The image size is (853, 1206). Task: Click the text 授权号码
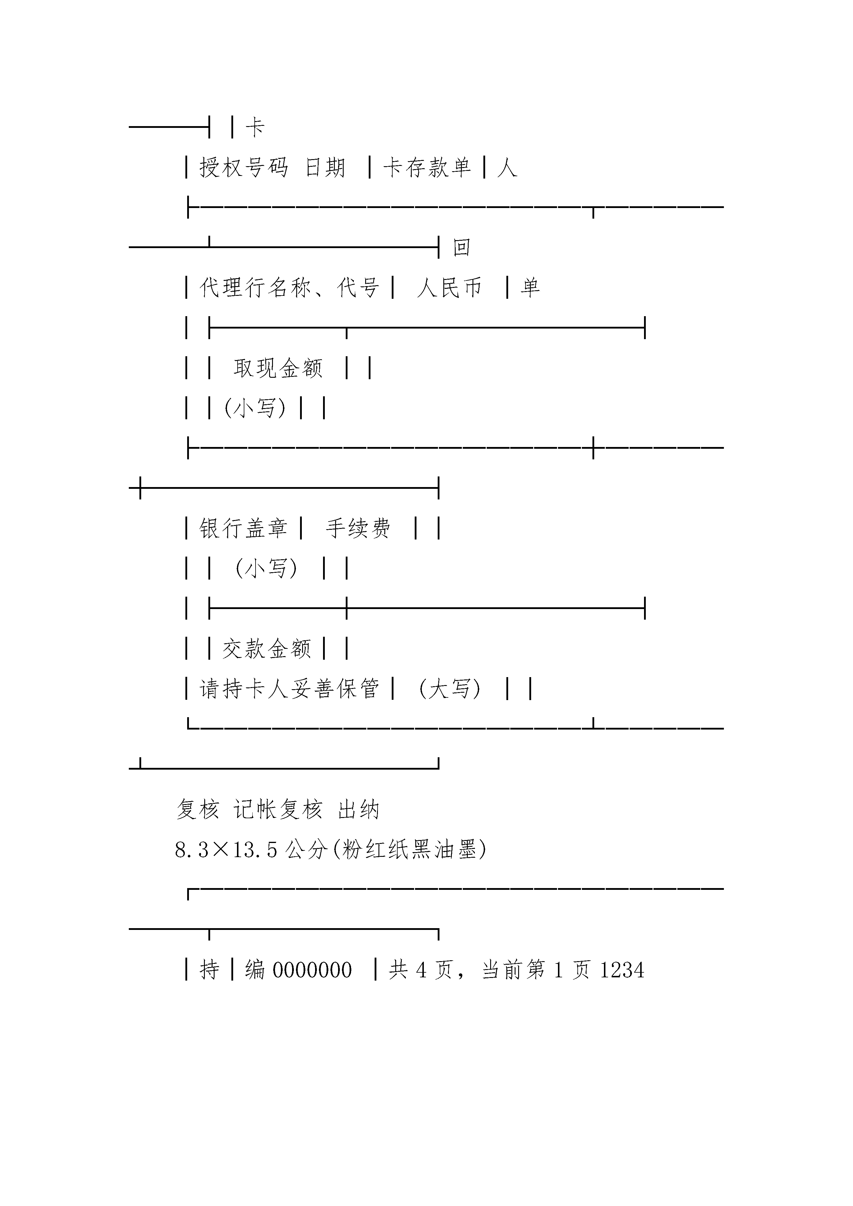[244, 168]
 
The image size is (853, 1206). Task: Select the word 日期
[325, 168]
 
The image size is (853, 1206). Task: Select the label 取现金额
[278, 368]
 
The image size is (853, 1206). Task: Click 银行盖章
[243, 528]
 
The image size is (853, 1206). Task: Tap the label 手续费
[358, 528]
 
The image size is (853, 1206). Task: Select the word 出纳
[358, 809]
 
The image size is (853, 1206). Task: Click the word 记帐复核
[277, 809]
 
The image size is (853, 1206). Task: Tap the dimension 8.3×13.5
[226, 850]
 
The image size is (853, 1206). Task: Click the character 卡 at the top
[255, 128]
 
